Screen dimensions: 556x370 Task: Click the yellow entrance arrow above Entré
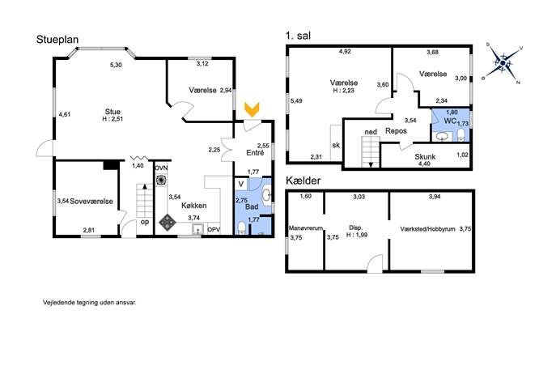point(252,109)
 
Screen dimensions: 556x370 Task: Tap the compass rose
point(503,64)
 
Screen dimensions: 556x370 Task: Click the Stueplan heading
point(57,40)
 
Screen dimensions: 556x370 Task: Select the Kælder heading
point(303,181)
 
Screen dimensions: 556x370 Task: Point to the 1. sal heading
point(298,36)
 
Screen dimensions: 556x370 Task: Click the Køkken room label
point(194,206)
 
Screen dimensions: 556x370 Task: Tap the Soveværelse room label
point(91,202)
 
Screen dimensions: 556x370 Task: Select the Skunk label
point(425,157)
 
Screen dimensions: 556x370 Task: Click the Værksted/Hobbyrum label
point(427,229)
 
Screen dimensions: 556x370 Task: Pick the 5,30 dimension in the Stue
point(116,65)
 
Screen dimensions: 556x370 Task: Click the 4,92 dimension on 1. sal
point(345,52)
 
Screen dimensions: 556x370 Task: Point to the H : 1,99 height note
point(357,235)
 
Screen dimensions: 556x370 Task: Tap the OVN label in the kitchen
point(161,168)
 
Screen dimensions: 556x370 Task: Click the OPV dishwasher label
point(214,230)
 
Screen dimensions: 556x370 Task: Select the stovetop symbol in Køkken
point(167,222)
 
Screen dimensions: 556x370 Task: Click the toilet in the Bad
point(241,228)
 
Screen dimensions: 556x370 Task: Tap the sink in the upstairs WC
point(441,137)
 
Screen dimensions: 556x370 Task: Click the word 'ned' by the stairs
point(371,132)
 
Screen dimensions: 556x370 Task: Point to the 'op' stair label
point(145,222)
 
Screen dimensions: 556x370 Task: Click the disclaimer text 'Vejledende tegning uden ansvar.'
point(90,303)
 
